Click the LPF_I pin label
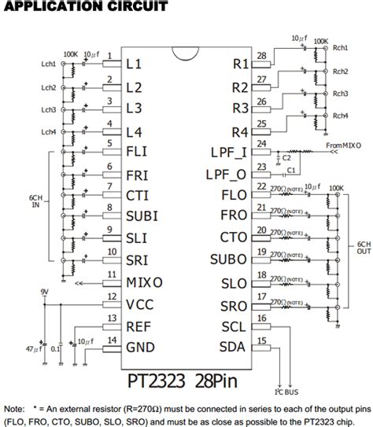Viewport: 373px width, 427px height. (230, 152)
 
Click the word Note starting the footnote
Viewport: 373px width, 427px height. (15, 409)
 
